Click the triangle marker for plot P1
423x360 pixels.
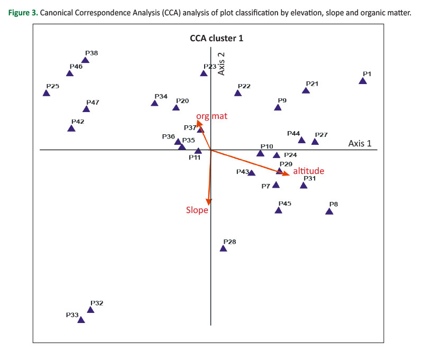tap(362, 81)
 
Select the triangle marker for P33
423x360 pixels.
tap(81, 320)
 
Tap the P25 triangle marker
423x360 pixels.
tap(46, 93)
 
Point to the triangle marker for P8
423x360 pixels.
tap(329, 211)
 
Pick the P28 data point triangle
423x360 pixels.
tap(224, 248)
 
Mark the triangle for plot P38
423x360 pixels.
tap(85, 60)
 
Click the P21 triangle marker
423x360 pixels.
tap(306, 90)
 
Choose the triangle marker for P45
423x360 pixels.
tap(279, 210)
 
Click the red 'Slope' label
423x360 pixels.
tap(197, 210)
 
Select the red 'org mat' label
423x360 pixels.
tap(212, 116)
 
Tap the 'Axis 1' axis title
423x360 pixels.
tap(360, 143)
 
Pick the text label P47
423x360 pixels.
tap(93, 102)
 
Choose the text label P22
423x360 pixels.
tap(244, 86)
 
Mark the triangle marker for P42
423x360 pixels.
tap(71, 128)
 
